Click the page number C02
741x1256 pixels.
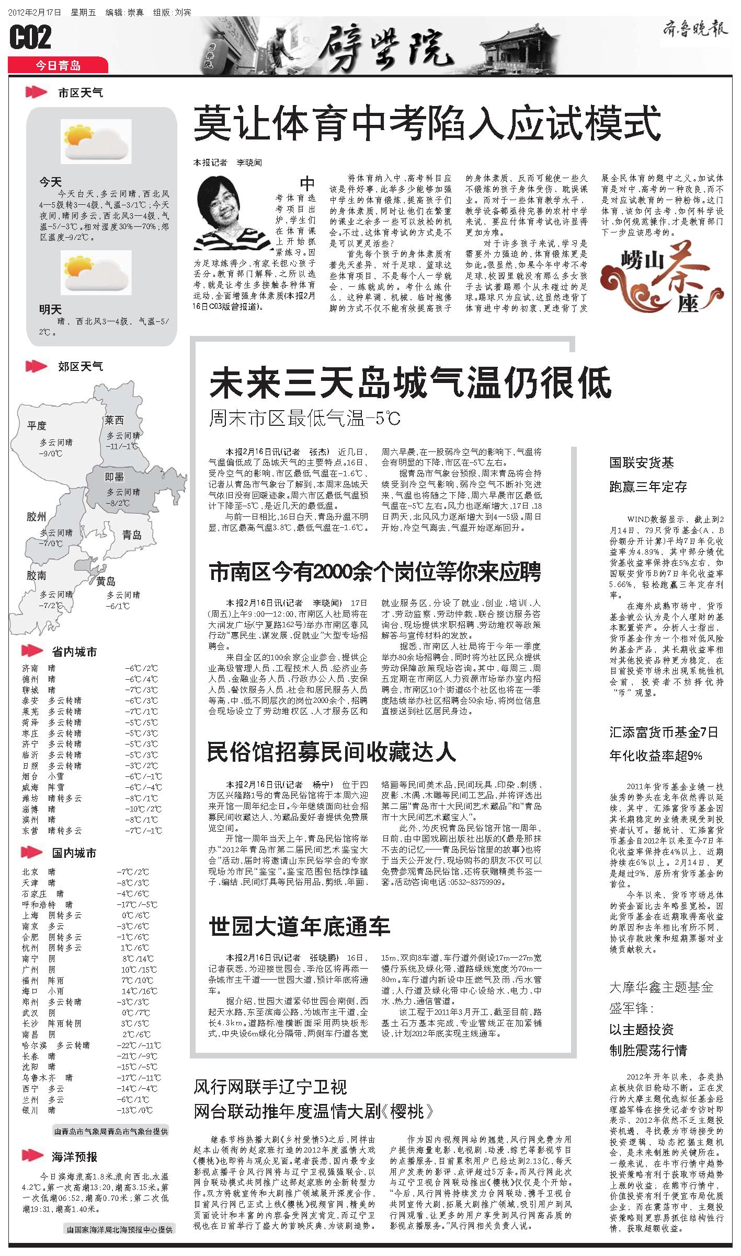(30, 38)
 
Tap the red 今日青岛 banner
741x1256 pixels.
(58, 65)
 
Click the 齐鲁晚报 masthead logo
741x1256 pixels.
(695, 29)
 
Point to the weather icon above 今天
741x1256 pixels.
(96, 141)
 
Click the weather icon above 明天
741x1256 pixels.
(96, 272)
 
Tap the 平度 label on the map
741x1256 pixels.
(37, 426)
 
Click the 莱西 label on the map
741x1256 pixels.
(114, 420)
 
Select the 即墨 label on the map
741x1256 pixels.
(115, 476)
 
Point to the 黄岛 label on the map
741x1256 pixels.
(106, 581)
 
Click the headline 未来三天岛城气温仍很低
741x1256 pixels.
(410, 383)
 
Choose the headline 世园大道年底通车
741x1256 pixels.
(300, 926)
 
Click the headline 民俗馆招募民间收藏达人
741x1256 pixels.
(332, 752)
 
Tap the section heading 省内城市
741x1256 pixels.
(74, 652)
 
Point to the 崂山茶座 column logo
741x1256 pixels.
(662, 276)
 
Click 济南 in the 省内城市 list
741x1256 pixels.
(30, 668)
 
